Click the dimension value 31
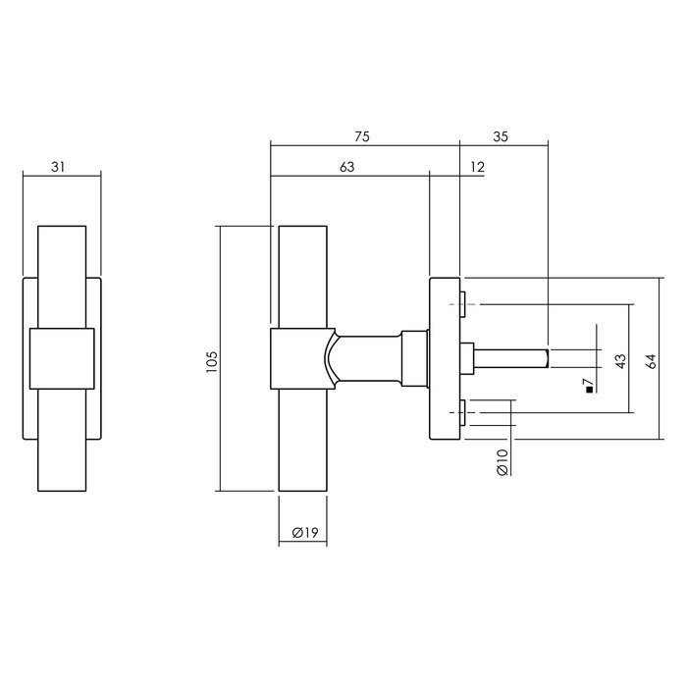(x=61, y=167)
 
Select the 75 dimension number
(x=363, y=137)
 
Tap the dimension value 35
(x=502, y=137)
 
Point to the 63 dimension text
(x=347, y=168)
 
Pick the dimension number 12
(x=477, y=168)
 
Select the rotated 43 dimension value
(x=620, y=359)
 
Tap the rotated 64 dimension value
(x=651, y=359)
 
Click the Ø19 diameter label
(x=303, y=533)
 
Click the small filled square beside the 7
(x=587, y=391)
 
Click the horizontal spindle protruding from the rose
(x=510, y=357)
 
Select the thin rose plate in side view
(x=445, y=359)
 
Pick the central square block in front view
(x=61, y=358)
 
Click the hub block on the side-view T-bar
(x=296, y=358)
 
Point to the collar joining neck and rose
(x=414, y=358)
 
